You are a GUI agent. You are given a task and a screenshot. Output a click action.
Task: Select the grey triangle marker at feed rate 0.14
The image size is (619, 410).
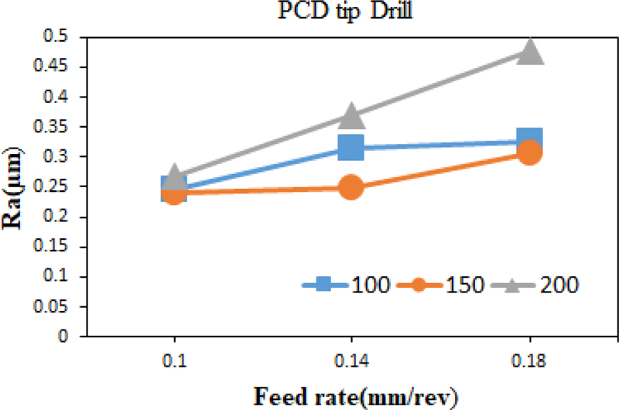(x=351, y=115)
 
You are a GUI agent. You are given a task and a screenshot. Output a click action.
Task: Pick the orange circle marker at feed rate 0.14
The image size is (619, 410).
(x=351, y=187)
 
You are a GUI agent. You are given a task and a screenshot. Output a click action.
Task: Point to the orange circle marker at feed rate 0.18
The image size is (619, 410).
(x=530, y=152)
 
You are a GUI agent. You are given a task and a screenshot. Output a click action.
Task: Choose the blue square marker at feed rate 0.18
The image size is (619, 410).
(x=530, y=140)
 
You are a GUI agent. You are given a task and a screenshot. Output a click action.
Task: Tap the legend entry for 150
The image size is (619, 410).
(x=441, y=284)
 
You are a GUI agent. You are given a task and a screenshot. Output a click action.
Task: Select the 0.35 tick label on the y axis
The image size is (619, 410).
(x=54, y=128)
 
